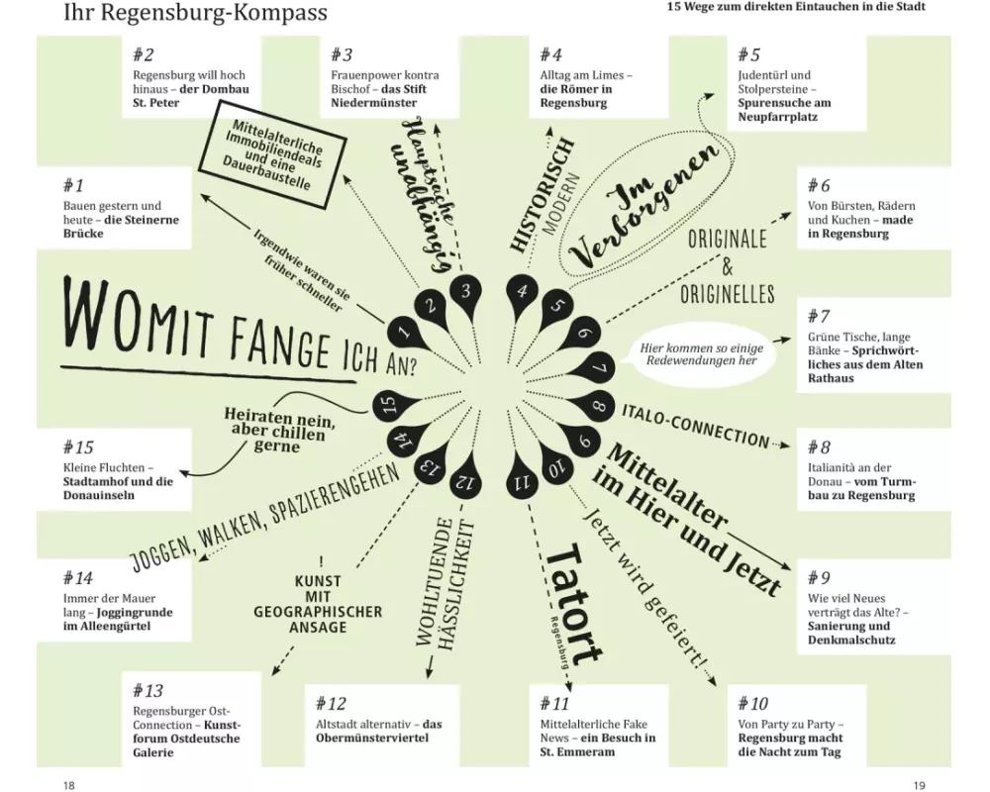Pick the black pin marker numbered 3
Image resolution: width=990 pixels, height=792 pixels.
[466, 293]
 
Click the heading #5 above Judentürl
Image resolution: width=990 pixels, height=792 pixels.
[748, 55]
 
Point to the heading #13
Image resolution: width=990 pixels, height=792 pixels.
[148, 690]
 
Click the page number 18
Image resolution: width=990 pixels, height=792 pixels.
[69, 785]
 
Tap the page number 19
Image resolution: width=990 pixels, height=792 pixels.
[920, 785]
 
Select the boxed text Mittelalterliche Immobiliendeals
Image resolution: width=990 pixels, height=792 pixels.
[272, 153]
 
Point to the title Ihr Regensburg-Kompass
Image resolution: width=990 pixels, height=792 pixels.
[196, 12]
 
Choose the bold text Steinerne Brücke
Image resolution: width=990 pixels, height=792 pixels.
[121, 226]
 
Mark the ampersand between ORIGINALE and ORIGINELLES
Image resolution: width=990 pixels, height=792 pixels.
[728, 266]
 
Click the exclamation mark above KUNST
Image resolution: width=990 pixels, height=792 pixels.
[322, 561]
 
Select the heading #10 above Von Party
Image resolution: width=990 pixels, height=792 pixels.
[752, 704]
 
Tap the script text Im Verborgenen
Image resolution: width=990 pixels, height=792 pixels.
[645, 204]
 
